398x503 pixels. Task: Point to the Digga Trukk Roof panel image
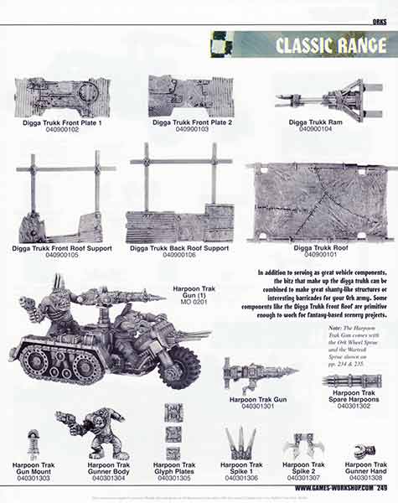322,202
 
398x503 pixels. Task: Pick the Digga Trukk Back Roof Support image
181,201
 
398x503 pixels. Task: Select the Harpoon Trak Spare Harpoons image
352,381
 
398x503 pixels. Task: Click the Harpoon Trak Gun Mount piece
33,443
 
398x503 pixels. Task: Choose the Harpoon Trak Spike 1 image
240,442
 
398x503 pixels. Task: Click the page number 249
381,487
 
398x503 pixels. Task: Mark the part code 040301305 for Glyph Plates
173,478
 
